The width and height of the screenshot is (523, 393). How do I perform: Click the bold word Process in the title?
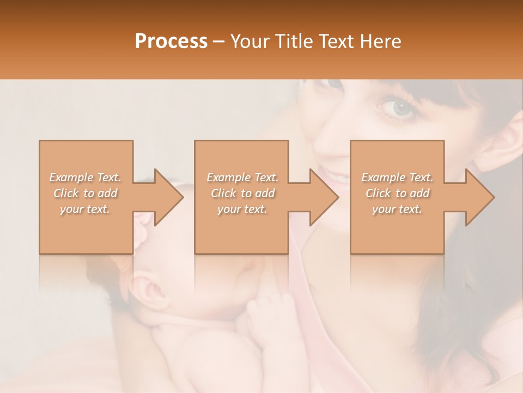tap(171, 41)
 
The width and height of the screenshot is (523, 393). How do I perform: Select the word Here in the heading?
tap(379, 41)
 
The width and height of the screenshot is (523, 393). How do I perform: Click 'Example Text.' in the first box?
tap(86, 177)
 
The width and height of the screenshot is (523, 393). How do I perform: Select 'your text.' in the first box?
tap(86, 209)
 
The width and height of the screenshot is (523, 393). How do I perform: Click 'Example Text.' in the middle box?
tap(242, 177)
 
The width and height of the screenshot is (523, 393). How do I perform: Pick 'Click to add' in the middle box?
tap(242, 193)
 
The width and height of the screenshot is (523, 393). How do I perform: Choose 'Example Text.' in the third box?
tap(397, 177)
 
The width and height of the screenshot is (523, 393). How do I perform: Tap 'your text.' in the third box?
tap(397, 209)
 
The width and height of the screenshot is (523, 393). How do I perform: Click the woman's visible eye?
tap(401, 108)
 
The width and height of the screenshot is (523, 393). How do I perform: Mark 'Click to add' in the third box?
tap(397, 193)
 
